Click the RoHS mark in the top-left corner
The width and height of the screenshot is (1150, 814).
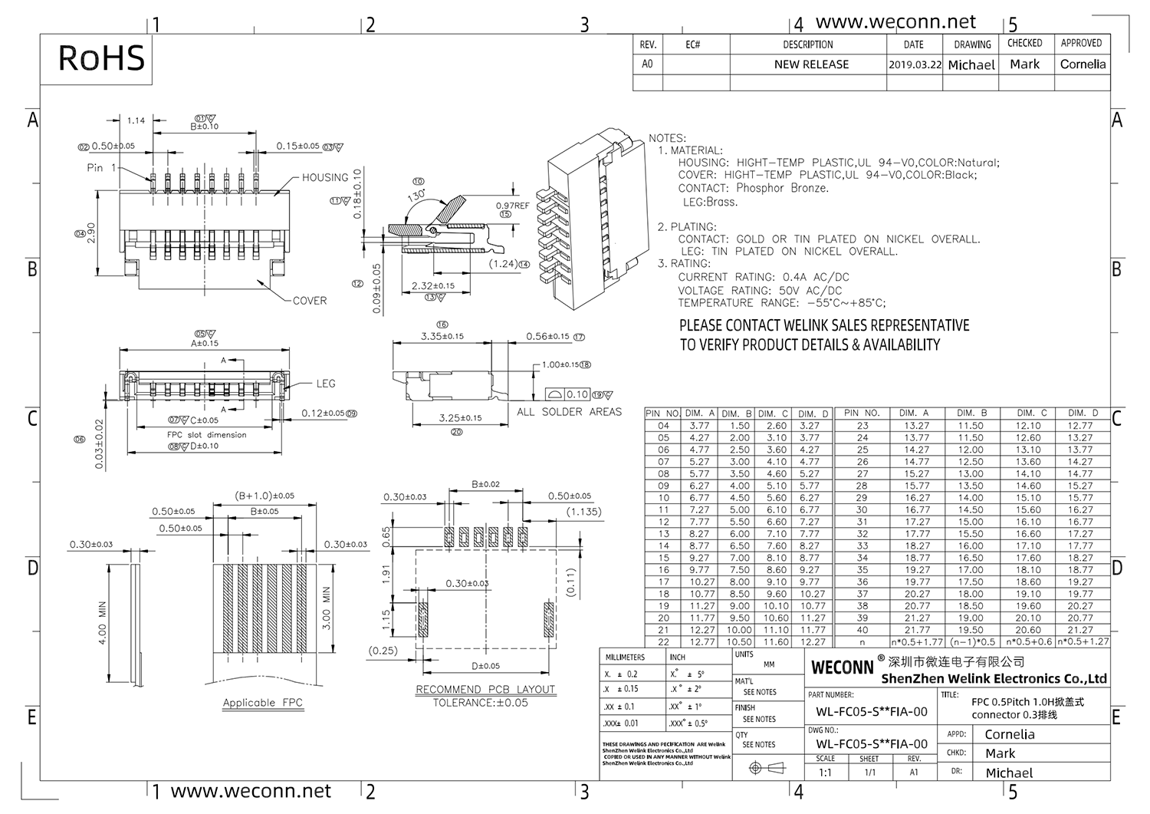tap(101, 58)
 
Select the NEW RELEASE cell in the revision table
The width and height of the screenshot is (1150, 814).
tap(810, 64)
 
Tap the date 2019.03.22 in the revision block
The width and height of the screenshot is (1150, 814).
tap(914, 65)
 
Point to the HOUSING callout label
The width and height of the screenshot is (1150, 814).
tap(324, 177)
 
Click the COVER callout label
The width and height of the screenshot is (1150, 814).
tap(310, 301)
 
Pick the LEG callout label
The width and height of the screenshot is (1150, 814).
tap(326, 384)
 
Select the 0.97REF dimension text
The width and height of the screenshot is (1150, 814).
tap(512, 206)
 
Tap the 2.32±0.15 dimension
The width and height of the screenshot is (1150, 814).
tap(432, 286)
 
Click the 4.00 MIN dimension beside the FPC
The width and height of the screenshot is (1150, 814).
tap(103, 622)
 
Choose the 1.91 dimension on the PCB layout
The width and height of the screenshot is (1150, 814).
tap(386, 572)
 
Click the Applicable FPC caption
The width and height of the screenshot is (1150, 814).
tap(262, 703)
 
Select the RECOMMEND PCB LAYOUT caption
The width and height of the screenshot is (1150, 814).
tap(485, 689)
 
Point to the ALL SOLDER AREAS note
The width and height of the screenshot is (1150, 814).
tap(569, 412)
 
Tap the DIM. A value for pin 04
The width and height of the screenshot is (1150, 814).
tap(698, 426)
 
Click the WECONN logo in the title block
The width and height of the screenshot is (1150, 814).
tap(842, 667)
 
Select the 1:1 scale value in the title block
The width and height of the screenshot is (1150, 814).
tap(825, 773)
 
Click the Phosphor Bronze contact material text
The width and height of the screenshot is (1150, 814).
tap(782, 188)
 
